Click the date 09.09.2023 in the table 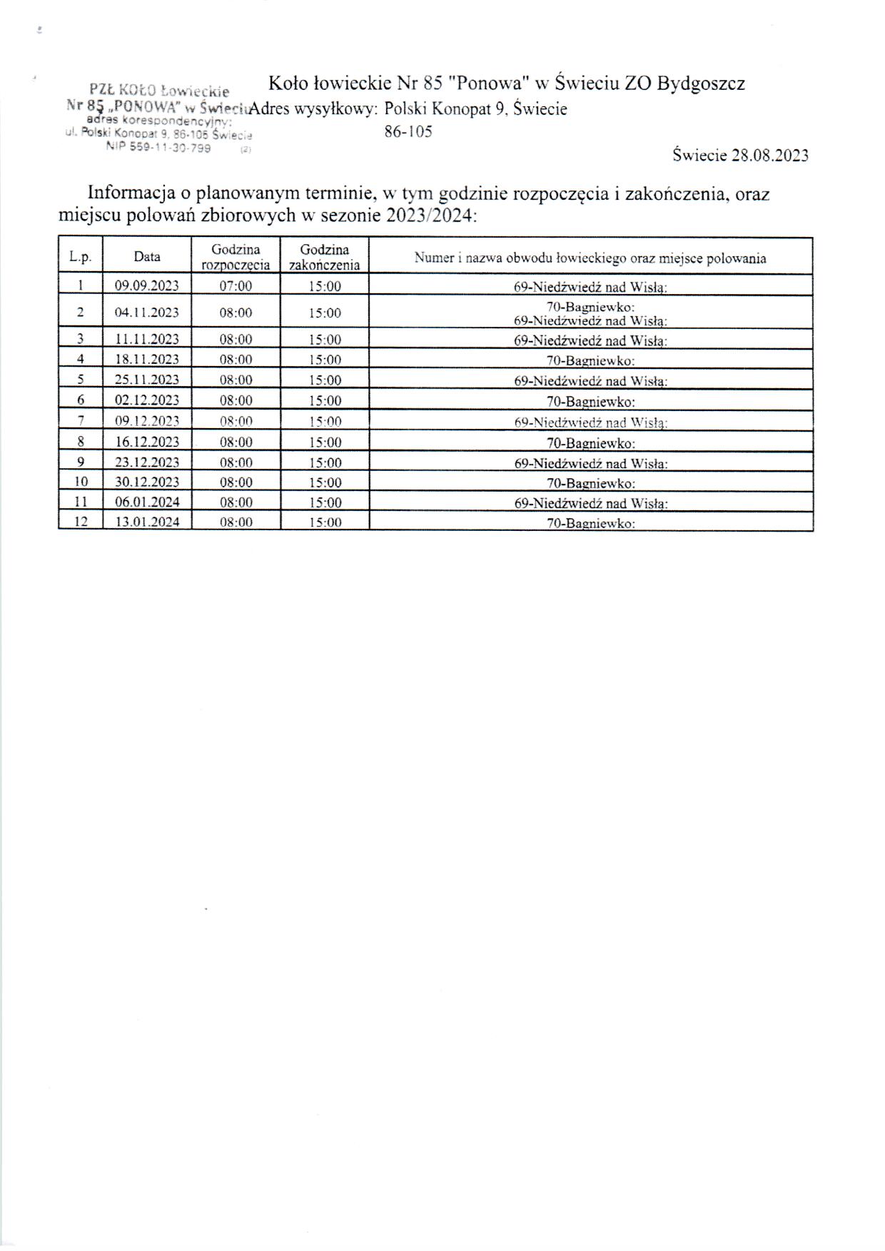pos(147,286)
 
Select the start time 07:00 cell pos(236,286)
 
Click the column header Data pos(147,257)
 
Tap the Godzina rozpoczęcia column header pos(236,257)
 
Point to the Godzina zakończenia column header pos(325,257)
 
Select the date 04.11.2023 pos(147,313)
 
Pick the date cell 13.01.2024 pos(147,522)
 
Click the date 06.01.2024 pos(147,502)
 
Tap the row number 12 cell pos(81,522)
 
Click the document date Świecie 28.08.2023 pos(740,156)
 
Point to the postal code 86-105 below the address pos(408,132)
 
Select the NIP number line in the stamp pos(158,147)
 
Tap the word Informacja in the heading pos(133,194)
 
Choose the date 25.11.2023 pos(147,380)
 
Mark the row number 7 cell pos(81,420)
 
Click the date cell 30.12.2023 pos(147,482)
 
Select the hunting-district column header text pos(590,258)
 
